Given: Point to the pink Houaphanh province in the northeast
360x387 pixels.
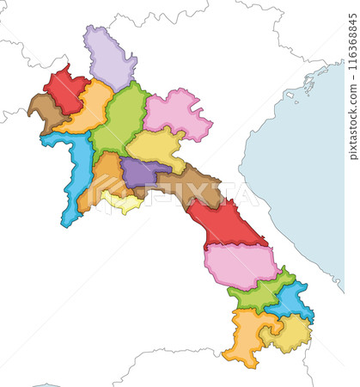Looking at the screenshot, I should pyautogui.click(x=178, y=113).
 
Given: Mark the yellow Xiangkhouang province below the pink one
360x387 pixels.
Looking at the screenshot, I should pyautogui.click(x=157, y=147).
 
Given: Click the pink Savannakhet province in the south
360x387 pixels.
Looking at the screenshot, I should pyautogui.click(x=241, y=263).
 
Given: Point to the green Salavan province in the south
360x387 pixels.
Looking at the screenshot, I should pyautogui.click(x=258, y=293).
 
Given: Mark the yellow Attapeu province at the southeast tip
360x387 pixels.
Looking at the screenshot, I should pyautogui.click(x=289, y=333).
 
